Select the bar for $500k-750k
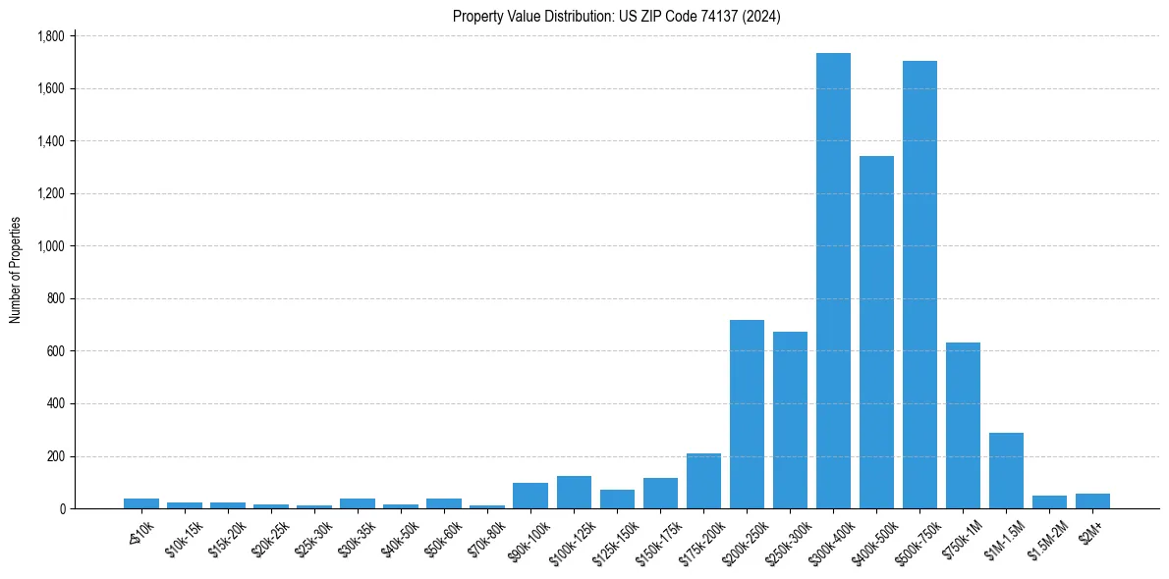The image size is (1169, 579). click(x=919, y=285)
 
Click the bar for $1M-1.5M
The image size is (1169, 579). click(x=1006, y=470)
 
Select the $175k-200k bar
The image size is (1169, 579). click(x=703, y=481)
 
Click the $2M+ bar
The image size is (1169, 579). click(x=1092, y=500)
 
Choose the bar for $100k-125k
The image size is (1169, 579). click(x=574, y=492)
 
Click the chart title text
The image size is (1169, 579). click(x=617, y=17)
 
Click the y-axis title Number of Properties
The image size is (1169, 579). click(x=15, y=270)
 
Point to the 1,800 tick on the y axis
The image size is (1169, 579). click(x=49, y=36)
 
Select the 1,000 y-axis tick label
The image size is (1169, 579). click(x=49, y=246)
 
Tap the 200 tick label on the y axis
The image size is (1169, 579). click(x=55, y=456)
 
